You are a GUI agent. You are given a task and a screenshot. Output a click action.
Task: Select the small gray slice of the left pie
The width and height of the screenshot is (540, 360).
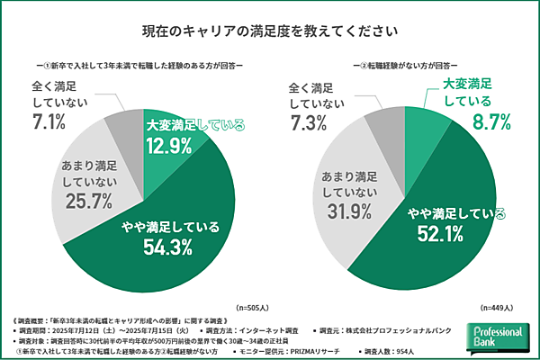pyautogui.click(x=122, y=127)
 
